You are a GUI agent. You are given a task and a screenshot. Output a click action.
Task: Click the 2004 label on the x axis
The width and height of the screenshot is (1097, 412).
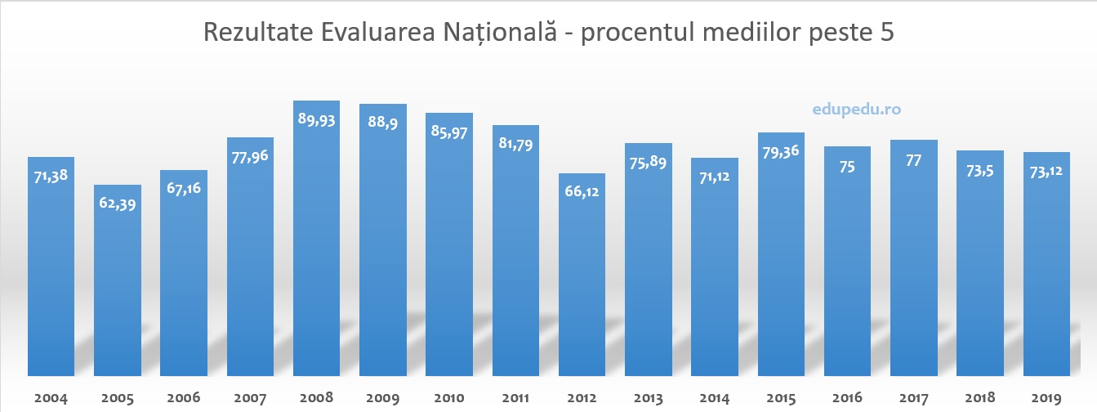click(51, 399)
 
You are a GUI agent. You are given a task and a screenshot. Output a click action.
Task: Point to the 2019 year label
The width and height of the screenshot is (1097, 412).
click(1046, 399)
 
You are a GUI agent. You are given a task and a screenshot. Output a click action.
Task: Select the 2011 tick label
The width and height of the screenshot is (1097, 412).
click(515, 399)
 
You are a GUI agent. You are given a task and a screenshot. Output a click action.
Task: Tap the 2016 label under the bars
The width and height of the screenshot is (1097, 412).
click(847, 399)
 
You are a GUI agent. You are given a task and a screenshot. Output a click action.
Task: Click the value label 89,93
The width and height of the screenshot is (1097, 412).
click(316, 120)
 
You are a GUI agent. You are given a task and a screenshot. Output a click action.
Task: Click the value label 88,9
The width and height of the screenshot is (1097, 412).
click(382, 123)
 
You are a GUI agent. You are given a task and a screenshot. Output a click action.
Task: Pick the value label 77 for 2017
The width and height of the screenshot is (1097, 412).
click(913, 160)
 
